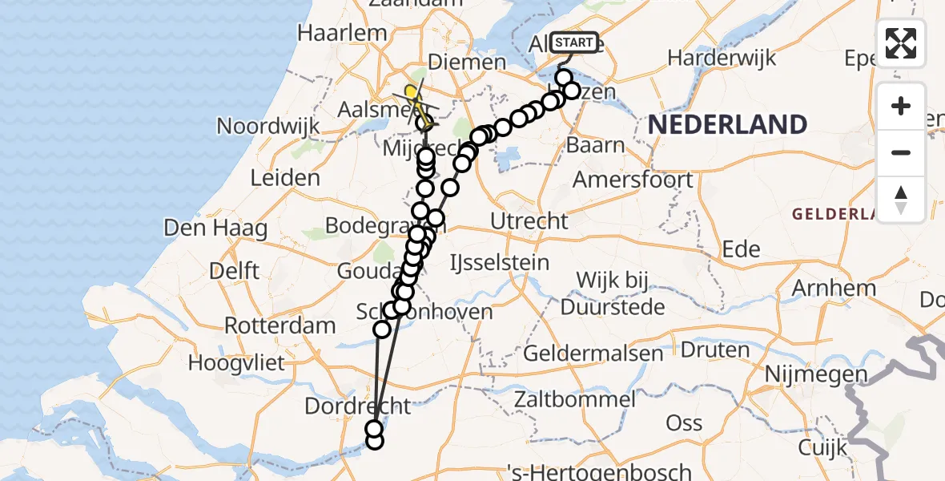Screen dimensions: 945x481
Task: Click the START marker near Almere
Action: pyautogui.click(x=574, y=42)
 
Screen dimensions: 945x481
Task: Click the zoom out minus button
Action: pyautogui.click(x=901, y=152)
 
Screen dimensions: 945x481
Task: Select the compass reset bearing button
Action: pyautogui.click(x=901, y=199)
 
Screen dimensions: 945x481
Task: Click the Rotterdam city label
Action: pyautogui.click(x=279, y=326)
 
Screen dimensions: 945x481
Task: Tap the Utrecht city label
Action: pyautogui.click(x=531, y=220)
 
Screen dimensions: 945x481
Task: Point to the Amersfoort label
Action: pyautogui.click(x=633, y=179)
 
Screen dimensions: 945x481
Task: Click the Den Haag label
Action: pyautogui.click(x=215, y=228)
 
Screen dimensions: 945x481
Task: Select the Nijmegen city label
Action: pyautogui.click(x=816, y=374)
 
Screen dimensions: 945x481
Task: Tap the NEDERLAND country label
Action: pyautogui.click(x=727, y=124)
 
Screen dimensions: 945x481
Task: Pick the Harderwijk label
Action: pyautogui.click(x=722, y=58)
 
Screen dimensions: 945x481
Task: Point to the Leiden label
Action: pyautogui.click(x=285, y=178)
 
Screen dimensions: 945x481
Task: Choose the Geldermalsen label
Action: pyautogui.click(x=593, y=353)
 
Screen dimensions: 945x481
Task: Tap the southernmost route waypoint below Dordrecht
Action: pyautogui.click(x=374, y=440)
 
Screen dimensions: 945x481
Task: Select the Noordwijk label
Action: pyautogui.click(x=268, y=126)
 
